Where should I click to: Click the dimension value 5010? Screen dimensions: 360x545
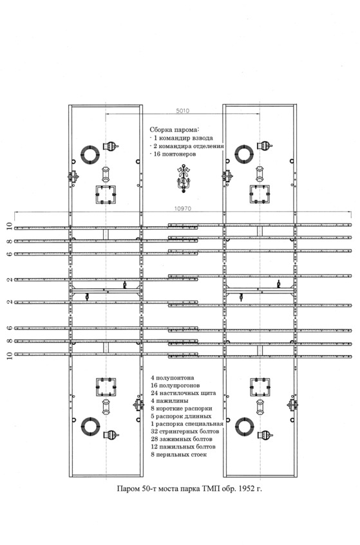pos(183,111)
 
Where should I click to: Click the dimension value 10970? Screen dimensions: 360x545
pos(183,209)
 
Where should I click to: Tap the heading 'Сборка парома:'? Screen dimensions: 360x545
pos(175,130)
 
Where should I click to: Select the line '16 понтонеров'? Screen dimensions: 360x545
pos(173,154)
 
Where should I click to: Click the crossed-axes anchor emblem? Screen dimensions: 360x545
pos(183,178)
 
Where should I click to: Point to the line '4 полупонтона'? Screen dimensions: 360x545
pos(172,378)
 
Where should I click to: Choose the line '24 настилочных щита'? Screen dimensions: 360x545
pos(184,393)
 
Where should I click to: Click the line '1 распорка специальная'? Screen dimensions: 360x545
pos(187,424)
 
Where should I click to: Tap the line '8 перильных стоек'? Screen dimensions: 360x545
pos(179,455)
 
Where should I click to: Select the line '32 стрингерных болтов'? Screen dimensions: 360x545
pos(185,432)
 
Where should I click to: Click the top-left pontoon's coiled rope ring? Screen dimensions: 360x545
pos(90,155)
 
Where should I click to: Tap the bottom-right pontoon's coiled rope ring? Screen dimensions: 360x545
pos(245,427)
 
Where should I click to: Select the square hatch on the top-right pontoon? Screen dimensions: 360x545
pos(260,194)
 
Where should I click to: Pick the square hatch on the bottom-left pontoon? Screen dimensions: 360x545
pos(106,387)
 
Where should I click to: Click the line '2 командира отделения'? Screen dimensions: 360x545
pos(186,146)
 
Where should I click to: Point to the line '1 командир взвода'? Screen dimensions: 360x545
pos(181,138)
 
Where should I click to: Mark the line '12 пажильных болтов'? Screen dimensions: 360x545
pos(184,447)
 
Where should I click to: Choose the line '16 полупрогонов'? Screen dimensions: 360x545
pos(175,385)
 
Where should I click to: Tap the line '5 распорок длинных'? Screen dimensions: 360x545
pos(181,416)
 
